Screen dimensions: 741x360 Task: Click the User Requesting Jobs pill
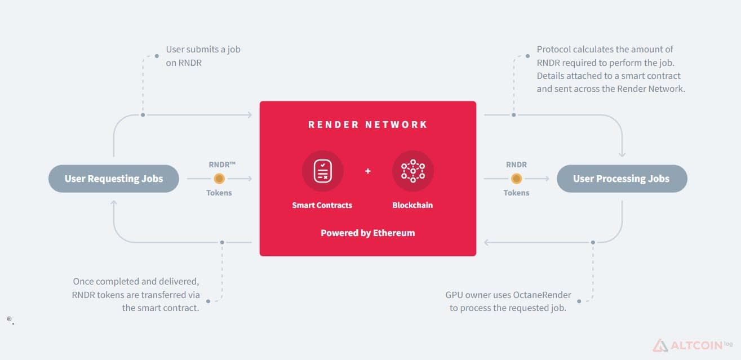(x=114, y=179)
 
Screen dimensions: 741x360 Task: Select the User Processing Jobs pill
(x=622, y=179)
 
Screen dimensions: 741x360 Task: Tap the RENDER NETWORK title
(x=368, y=125)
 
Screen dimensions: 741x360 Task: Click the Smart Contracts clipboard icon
(x=322, y=171)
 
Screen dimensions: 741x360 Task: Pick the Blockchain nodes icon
(x=413, y=171)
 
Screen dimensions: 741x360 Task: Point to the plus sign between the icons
(x=368, y=171)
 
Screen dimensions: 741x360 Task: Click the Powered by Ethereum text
(x=368, y=233)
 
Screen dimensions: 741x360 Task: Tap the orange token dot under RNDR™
(x=219, y=179)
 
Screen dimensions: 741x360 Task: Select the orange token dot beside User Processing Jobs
(x=516, y=179)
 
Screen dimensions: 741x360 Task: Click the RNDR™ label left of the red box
(x=222, y=165)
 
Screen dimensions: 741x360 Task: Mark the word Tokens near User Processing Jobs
(x=516, y=193)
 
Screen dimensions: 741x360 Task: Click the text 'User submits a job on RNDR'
(x=203, y=56)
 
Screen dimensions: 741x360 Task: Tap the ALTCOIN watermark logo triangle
(x=660, y=345)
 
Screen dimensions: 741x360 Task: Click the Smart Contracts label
(x=322, y=205)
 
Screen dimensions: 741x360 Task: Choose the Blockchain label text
(x=412, y=205)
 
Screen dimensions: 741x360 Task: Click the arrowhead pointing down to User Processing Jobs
(x=622, y=154)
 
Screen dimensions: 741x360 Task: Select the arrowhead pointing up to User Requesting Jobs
(x=114, y=202)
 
